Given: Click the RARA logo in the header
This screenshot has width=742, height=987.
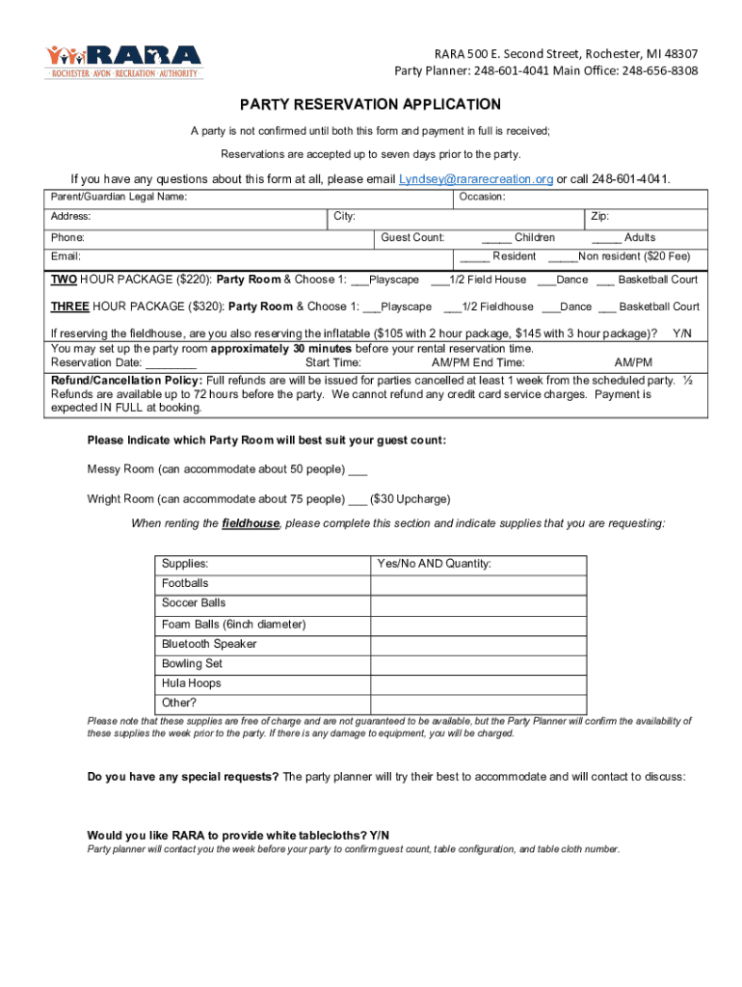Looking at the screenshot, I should (x=123, y=61).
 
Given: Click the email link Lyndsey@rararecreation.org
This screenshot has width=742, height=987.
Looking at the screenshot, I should (x=476, y=179).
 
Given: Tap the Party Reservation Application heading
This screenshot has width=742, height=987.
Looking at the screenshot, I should (x=371, y=104).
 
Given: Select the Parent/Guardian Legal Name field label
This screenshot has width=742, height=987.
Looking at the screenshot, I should (x=119, y=197).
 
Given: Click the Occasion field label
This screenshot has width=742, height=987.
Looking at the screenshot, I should (x=482, y=197).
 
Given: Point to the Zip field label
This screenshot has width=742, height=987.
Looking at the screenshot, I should (x=599, y=217).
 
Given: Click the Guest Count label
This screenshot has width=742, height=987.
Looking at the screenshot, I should (x=412, y=237).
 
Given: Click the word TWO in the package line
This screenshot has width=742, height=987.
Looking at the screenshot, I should (x=64, y=280).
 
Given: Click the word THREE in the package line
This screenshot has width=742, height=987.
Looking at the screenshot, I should (x=69, y=307).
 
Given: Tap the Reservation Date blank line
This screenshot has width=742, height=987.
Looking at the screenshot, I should (x=173, y=363).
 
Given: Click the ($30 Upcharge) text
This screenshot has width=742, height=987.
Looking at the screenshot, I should (x=410, y=499).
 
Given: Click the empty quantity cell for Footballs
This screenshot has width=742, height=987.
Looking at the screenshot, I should (x=478, y=584).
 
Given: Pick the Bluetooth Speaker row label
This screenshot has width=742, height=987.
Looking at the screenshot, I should (x=209, y=644).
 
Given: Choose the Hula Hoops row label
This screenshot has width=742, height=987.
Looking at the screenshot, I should (x=191, y=683).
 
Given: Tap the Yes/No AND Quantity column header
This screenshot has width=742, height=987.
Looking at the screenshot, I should (x=434, y=563).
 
